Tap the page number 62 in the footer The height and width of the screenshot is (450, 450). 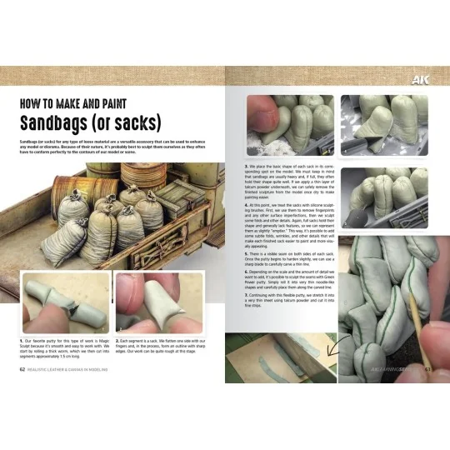point(22,369)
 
